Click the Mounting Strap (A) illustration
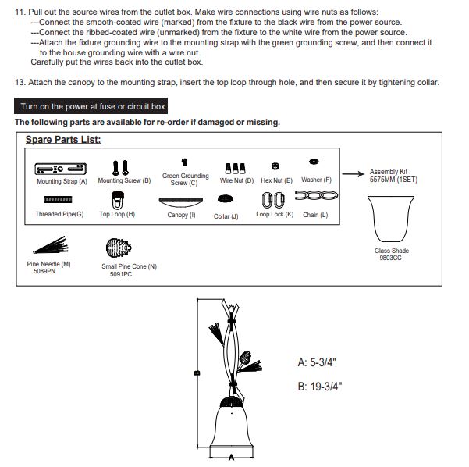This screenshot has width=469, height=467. [x=60, y=169]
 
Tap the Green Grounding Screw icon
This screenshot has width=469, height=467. [x=184, y=162]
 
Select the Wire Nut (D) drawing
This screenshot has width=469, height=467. [x=236, y=168]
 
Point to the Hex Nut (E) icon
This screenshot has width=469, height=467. [x=275, y=166]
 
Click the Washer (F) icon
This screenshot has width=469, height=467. [x=314, y=162]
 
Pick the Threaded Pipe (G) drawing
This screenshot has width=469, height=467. [x=58, y=199]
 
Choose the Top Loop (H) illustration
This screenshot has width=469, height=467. [x=118, y=200]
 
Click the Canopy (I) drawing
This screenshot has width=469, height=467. [x=181, y=202]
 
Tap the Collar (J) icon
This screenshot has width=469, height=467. [x=226, y=199]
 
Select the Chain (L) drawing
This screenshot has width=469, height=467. [x=317, y=195]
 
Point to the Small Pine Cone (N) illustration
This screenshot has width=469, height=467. [x=119, y=248]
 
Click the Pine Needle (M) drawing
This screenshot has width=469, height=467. [x=51, y=245]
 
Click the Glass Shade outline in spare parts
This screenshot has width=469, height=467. [x=391, y=219]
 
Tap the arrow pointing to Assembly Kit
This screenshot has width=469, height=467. [x=354, y=174]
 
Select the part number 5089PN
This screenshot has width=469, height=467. [x=44, y=271]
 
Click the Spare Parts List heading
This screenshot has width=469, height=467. [x=63, y=140]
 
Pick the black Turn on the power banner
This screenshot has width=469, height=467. [x=91, y=106]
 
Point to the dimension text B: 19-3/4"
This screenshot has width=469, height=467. [x=320, y=387]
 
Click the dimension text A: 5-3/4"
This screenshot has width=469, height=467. [x=317, y=362]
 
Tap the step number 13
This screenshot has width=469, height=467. [x=20, y=82]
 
